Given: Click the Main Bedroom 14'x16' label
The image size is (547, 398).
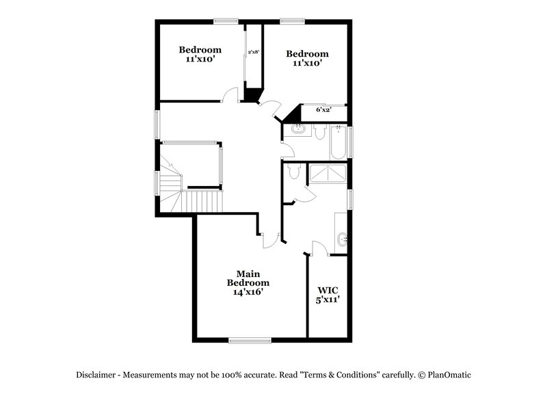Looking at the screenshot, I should coord(248,282).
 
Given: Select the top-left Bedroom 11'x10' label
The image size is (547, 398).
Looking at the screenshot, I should coord(200,54).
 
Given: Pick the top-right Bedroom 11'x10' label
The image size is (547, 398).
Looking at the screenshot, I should coord(307,58).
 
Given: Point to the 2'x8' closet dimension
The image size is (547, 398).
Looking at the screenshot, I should coord(254,52).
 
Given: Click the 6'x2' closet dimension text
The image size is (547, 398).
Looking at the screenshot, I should coord(323,109).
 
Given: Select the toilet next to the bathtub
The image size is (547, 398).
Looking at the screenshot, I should coord(319,133).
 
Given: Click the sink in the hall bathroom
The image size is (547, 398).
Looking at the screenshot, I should coord(299,129).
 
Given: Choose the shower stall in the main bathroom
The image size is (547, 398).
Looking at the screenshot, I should coord(328,174).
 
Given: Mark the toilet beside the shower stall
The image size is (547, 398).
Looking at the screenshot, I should coord(294,172).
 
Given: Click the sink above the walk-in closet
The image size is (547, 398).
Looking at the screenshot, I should coord(342,239).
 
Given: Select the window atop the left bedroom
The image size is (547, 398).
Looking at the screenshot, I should coord(226,21).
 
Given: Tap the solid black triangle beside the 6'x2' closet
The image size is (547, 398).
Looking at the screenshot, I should coord(294,113).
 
